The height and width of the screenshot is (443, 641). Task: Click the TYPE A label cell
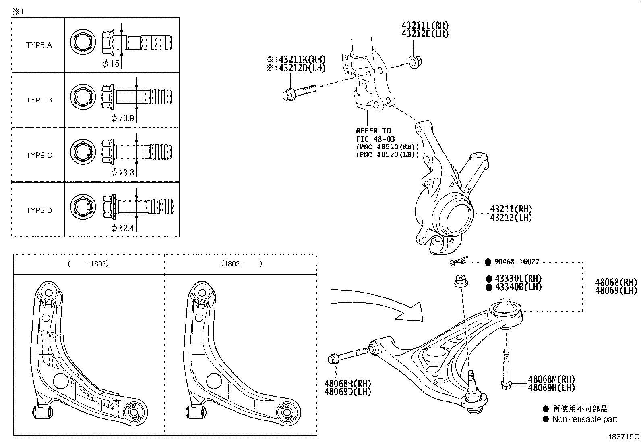[x=39, y=45]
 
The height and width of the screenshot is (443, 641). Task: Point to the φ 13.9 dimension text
[x=122, y=118]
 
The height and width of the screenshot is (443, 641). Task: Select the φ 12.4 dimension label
[x=122, y=228]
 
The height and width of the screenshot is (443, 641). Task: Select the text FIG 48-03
[x=375, y=139]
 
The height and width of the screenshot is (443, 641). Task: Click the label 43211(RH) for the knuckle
[x=511, y=209]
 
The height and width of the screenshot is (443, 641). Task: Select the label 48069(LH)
[x=616, y=290]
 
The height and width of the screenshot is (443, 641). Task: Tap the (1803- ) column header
[x=241, y=264]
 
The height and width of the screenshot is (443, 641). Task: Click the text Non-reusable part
[x=584, y=419]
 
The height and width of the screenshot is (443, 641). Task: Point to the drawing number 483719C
[x=623, y=437]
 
